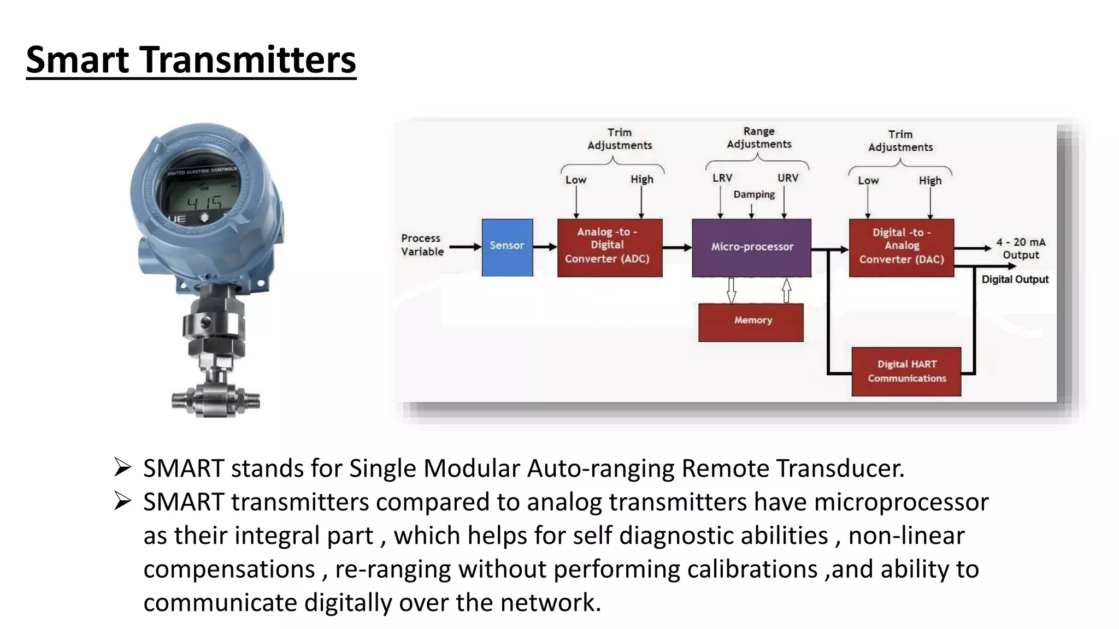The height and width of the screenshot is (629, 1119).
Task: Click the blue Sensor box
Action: (507, 247)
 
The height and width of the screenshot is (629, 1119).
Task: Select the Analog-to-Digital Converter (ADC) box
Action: (609, 247)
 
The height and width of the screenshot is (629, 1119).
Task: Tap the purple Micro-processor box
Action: (751, 247)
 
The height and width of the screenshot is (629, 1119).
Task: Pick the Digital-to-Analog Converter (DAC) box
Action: (901, 247)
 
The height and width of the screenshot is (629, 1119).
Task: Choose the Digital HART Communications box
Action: (906, 371)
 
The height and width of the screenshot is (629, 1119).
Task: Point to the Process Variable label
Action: (422, 245)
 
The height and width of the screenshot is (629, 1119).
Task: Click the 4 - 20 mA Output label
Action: (1020, 248)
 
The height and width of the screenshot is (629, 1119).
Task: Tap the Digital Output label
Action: (1015, 280)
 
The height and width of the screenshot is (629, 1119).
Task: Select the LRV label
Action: (722, 178)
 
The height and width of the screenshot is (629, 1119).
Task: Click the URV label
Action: (787, 178)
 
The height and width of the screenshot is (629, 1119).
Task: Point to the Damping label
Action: (753, 194)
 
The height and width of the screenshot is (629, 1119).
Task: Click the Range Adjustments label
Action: (758, 138)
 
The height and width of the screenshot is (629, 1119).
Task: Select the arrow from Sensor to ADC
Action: (545, 247)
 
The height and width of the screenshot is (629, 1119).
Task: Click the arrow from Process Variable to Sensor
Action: (464, 247)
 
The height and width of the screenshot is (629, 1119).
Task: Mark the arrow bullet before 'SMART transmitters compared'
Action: (122, 501)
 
